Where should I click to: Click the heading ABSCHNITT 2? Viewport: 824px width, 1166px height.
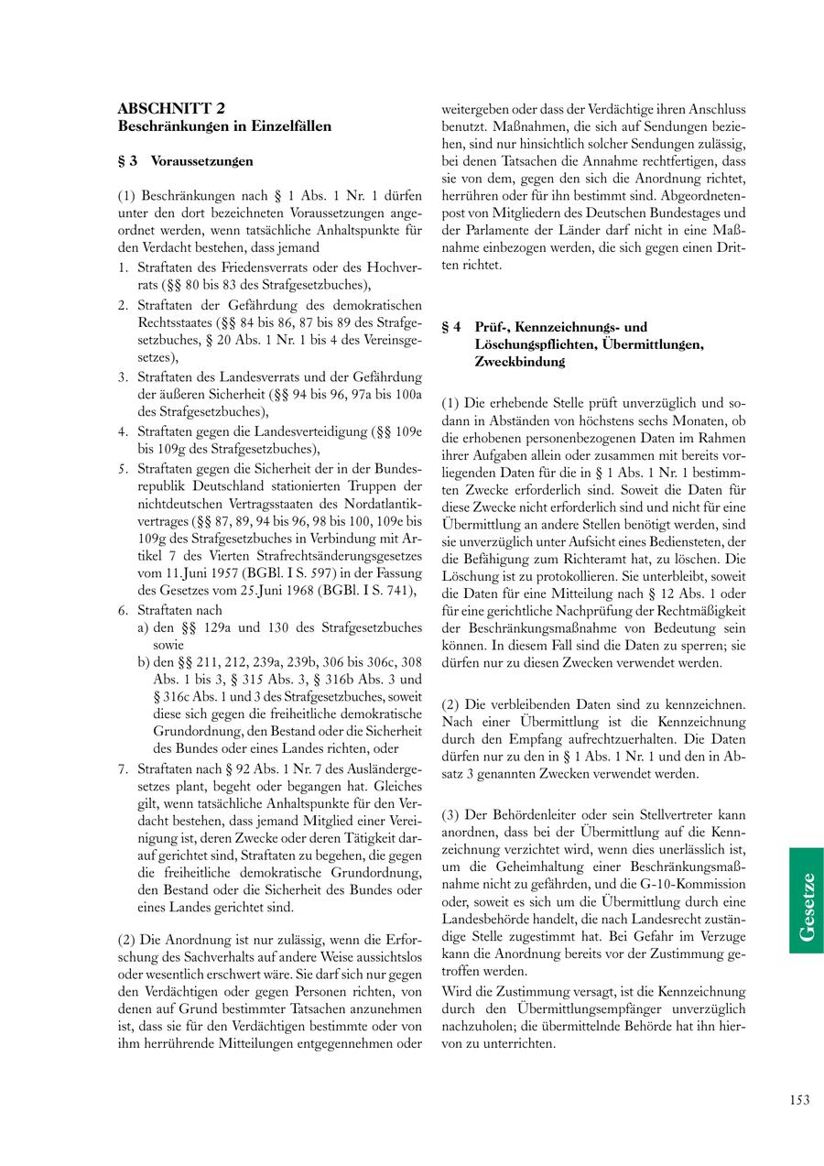tap(172, 108)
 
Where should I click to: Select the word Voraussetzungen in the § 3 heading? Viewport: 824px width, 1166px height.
tap(201, 161)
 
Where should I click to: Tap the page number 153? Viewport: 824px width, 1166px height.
tap(798, 1100)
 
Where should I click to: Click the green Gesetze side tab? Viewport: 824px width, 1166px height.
tap(806, 900)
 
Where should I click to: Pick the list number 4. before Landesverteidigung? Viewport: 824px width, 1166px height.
tap(123, 430)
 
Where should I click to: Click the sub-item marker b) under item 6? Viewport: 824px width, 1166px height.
tap(144, 661)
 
